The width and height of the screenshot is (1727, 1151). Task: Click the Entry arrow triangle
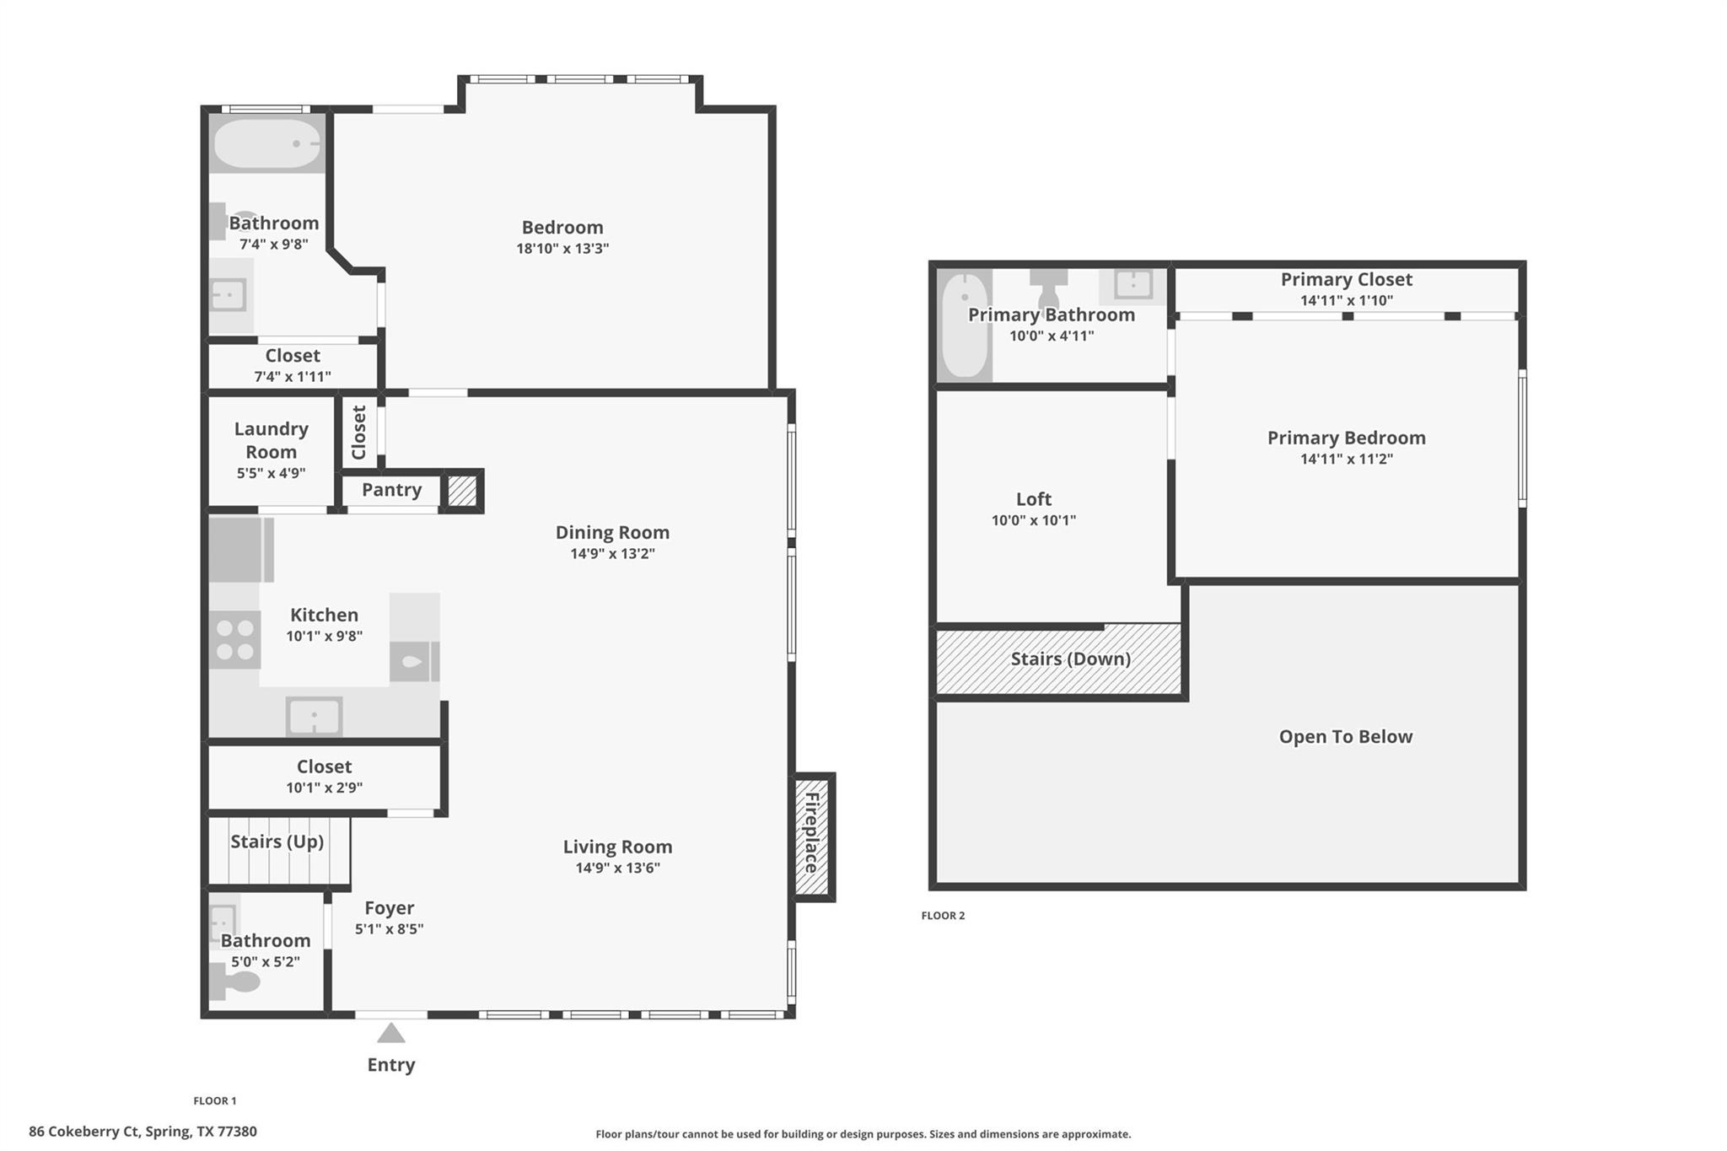pos(390,1034)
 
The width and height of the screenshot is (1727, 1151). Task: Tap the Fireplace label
pos(812,833)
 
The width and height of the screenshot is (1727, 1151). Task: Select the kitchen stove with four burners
pos(234,640)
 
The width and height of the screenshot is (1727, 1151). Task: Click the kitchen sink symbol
pos(314,718)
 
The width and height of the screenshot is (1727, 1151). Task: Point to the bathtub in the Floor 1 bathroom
pos(266,144)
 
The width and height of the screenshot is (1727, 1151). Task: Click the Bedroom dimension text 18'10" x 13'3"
pos(562,249)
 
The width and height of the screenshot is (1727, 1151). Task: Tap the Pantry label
pos(391,490)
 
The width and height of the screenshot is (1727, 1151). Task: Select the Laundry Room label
pos(271,440)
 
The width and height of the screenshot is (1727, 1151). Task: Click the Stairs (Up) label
pos(277,842)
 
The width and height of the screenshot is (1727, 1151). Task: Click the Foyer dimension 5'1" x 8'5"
pos(389,929)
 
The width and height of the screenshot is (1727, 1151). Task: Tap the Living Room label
pos(617,847)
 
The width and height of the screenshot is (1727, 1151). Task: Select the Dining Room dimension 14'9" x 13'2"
pos(612,554)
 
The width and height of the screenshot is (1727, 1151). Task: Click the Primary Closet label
pos(1346,279)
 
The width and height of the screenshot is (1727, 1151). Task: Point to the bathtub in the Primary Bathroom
pos(964,325)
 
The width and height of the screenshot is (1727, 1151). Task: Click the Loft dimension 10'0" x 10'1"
pos(1033,520)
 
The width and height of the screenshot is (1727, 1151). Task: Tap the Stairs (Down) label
pos(1070,659)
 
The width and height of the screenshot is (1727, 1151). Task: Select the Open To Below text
pos(1345,737)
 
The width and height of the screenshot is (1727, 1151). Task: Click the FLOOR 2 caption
pos(943,916)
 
